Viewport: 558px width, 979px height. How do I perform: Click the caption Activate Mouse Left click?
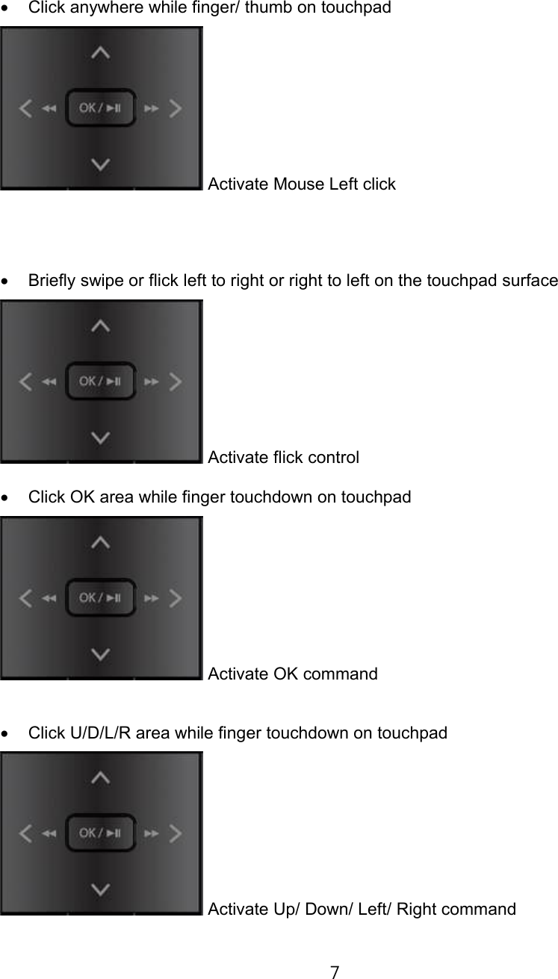(302, 184)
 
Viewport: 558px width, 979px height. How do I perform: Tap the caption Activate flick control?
(283, 457)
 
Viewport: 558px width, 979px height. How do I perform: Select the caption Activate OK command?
(293, 674)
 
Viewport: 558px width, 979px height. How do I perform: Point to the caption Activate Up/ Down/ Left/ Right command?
(362, 909)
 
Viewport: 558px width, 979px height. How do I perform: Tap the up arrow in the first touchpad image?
(101, 53)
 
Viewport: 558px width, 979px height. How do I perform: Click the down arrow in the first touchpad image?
(101, 164)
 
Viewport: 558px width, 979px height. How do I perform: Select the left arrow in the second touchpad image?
(26, 382)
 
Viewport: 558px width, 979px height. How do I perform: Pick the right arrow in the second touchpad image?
(176, 382)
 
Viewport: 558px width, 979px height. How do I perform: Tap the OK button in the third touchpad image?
(101, 598)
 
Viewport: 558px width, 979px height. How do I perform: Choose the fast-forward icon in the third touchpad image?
(151, 598)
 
